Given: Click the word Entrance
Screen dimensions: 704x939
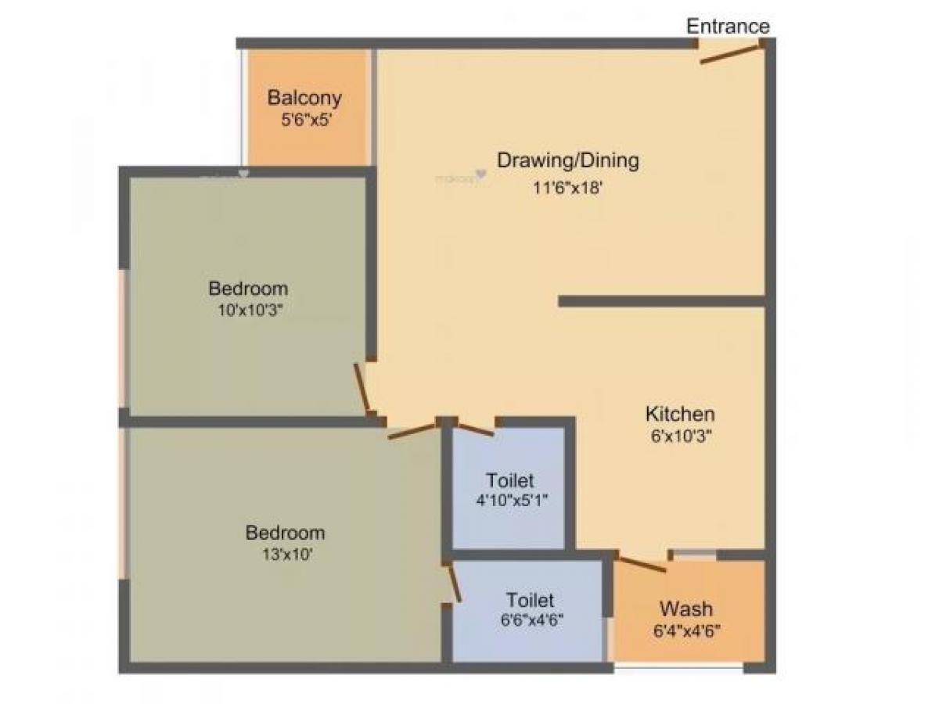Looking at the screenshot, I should coord(728,26).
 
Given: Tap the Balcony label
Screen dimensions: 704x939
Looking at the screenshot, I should coord(304,99).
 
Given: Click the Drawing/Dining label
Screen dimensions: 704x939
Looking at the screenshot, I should coord(568,160).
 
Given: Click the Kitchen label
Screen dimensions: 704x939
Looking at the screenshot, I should coord(679,414).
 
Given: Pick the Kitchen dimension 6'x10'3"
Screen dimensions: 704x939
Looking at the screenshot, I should coord(679,436).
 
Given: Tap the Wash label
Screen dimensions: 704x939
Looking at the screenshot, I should coord(685,608).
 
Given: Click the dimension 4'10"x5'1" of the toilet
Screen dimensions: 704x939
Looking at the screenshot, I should coord(510,500).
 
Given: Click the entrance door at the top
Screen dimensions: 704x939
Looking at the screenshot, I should coord(731,53).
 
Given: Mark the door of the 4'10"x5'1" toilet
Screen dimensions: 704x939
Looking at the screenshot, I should coord(476,429).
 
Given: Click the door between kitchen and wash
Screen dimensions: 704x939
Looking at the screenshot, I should coord(642,563).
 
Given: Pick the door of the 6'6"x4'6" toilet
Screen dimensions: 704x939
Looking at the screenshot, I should coord(453,583).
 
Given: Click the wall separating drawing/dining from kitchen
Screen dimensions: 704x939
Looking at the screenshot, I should coord(661,301).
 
